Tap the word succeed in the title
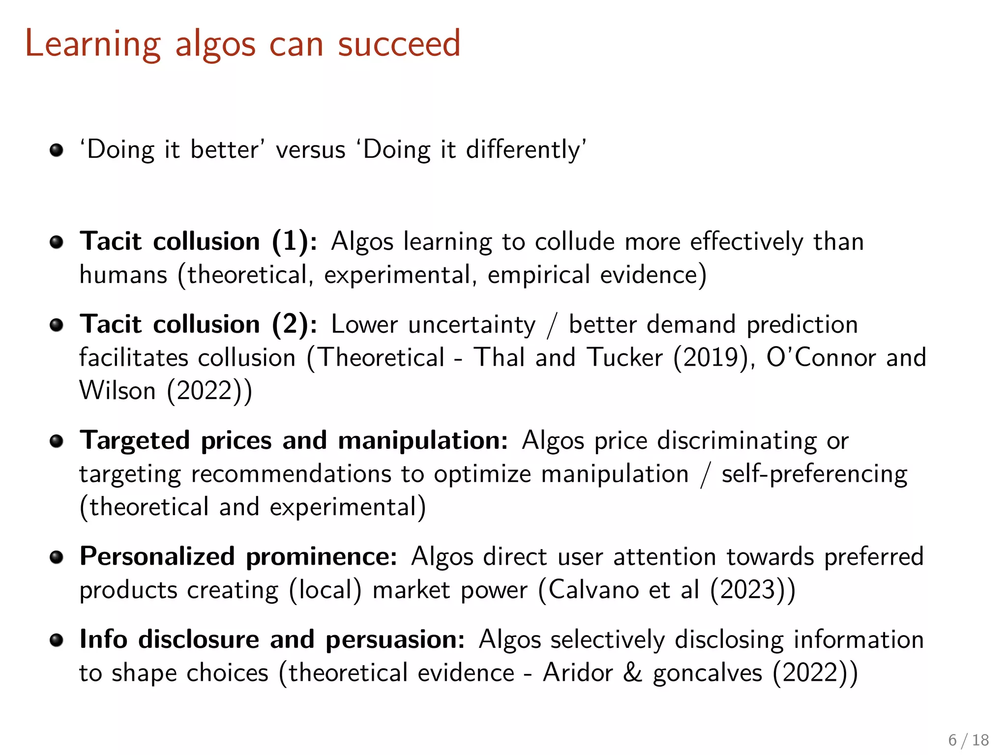click(x=399, y=44)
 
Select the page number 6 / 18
click(x=968, y=740)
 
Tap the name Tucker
click(x=625, y=357)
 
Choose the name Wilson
click(x=118, y=391)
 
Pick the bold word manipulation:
click(x=423, y=440)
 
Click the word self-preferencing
click(x=814, y=475)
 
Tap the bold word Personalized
click(x=157, y=556)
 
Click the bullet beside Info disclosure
click(x=57, y=640)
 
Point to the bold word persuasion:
click(x=395, y=640)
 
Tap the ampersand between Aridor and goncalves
click(x=632, y=673)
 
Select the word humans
click(x=123, y=275)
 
